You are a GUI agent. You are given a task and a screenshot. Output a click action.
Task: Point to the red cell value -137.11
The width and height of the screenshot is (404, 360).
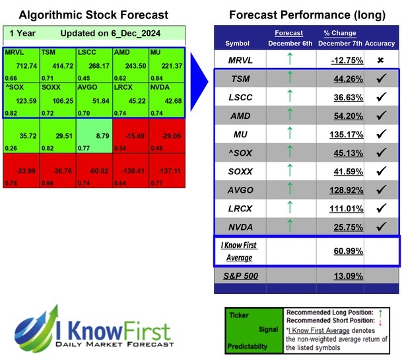coord(168,170)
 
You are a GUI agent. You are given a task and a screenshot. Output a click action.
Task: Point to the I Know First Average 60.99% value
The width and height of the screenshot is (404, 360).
coord(339,252)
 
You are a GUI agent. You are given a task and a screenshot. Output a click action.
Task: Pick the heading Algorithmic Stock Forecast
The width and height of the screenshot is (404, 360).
coord(93,15)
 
